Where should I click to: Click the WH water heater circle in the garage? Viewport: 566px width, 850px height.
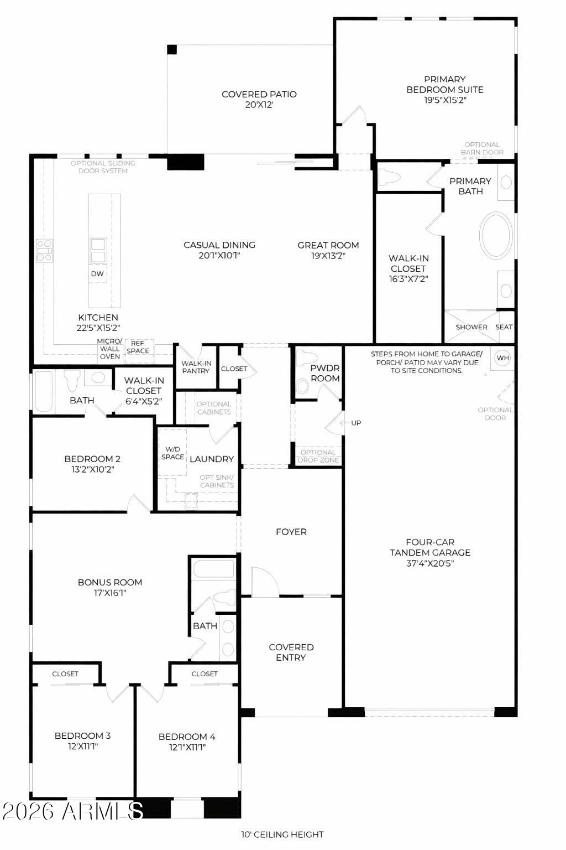(x=502, y=358)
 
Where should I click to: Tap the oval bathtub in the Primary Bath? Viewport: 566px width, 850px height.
(x=496, y=235)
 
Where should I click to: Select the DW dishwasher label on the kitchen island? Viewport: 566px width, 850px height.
(x=97, y=273)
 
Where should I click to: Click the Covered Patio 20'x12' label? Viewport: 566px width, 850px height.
(x=259, y=99)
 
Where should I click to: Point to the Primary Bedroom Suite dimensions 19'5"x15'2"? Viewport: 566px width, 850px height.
(x=444, y=100)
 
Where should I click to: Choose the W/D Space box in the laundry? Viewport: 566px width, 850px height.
(x=172, y=453)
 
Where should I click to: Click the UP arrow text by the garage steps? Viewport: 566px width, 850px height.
(x=355, y=423)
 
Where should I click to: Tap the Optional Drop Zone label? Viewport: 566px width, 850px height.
(x=318, y=456)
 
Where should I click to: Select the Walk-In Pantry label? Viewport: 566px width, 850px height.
(x=196, y=367)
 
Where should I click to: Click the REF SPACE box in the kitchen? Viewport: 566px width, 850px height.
(x=138, y=348)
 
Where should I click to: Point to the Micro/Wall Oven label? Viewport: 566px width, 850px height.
(x=109, y=349)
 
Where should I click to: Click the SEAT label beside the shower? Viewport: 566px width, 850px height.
(x=504, y=327)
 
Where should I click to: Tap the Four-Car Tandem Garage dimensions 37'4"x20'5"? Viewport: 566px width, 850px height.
(x=429, y=563)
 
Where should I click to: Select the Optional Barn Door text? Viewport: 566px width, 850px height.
(x=482, y=148)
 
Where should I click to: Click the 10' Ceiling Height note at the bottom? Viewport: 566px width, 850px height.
(x=282, y=835)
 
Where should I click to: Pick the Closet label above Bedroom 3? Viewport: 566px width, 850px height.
(x=65, y=673)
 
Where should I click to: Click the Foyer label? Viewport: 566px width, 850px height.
(x=291, y=532)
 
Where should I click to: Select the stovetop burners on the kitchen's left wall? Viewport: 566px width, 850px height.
(x=44, y=250)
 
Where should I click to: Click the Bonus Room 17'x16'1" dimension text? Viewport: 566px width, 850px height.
(x=110, y=593)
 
